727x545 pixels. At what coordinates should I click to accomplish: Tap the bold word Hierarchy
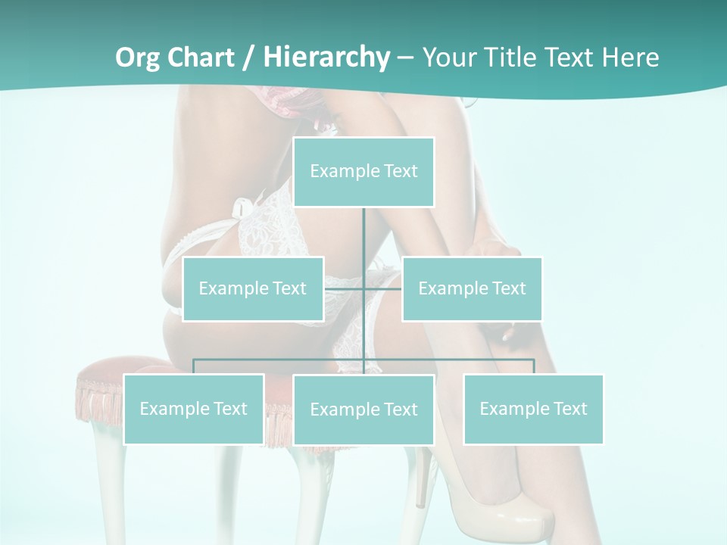[326, 58]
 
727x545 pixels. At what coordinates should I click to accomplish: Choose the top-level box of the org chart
[363, 172]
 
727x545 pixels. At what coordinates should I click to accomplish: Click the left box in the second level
[253, 289]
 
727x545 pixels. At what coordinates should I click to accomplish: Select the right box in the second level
[472, 289]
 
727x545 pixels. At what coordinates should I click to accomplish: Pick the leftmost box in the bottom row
[193, 410]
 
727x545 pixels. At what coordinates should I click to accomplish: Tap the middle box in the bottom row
[363, 410]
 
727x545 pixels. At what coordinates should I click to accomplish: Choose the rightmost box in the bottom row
[533, 410]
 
